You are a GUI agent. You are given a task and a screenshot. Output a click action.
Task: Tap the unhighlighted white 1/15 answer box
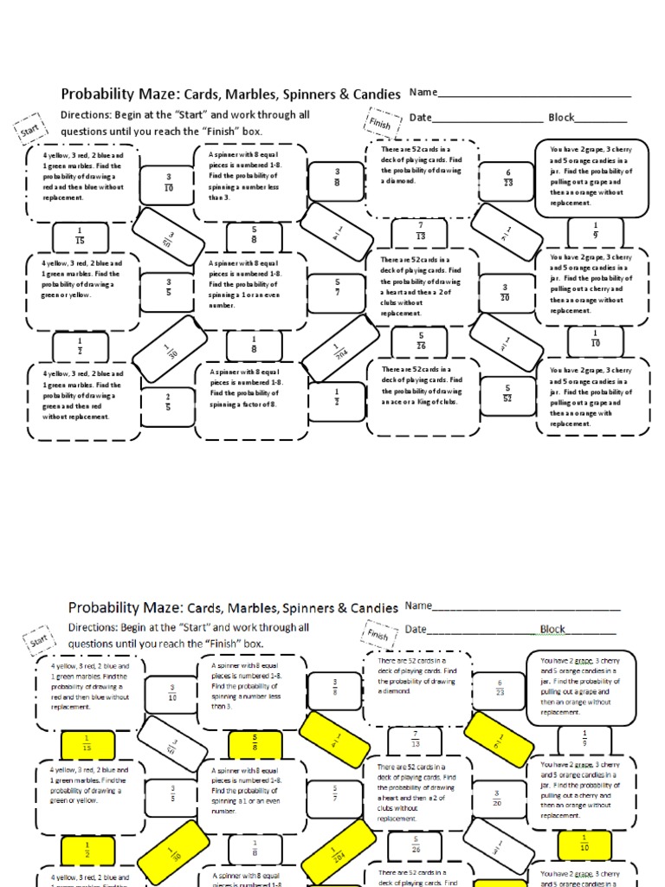click(80, 235)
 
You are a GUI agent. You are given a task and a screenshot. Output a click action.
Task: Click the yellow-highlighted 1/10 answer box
click(584, 843)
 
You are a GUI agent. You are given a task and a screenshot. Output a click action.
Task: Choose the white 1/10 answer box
click(596, 340)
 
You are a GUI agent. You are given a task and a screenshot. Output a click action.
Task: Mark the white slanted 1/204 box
click(338, 348)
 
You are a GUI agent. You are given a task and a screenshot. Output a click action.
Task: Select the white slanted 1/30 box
click(171, 349)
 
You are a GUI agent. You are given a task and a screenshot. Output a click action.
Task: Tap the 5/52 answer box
click(508, 392)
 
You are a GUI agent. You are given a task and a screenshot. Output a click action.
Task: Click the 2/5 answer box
click(168, 402)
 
